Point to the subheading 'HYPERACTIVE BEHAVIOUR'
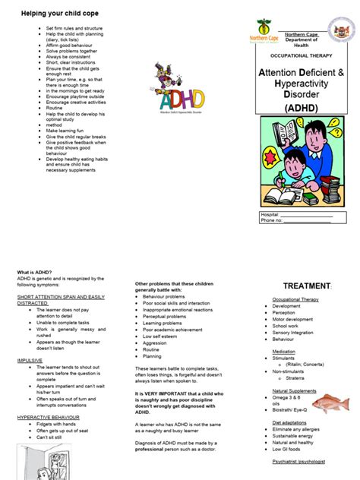point(49,418)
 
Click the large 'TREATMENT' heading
point(306,286)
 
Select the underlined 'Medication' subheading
point(284,352)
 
